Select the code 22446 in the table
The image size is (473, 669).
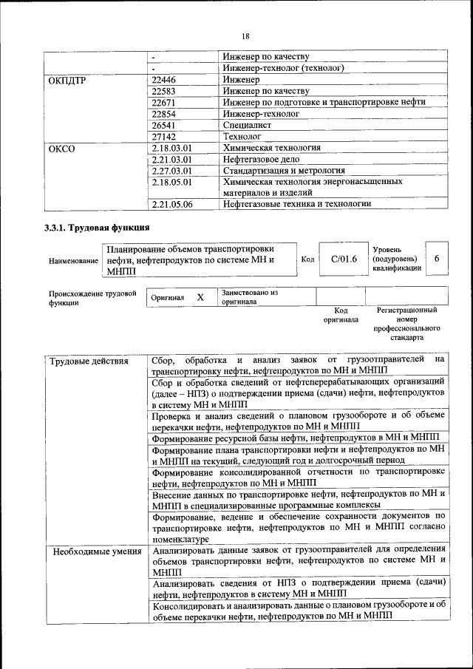pos(163,80)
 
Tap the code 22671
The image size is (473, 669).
pos(163,102)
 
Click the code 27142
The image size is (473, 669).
pos(163,137)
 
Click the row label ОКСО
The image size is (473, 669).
pos(62,148)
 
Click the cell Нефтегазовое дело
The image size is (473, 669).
pos(260,159)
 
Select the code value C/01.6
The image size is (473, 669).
pos(344,259)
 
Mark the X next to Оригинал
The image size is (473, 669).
pos(200,297)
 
